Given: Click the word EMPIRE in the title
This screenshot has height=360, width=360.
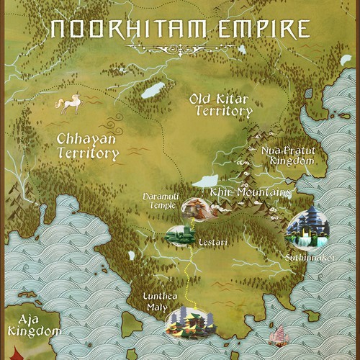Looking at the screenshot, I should [266, 29].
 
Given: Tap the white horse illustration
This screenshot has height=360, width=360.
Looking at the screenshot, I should [71, 104].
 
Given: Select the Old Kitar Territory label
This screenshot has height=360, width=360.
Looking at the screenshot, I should [221, 105].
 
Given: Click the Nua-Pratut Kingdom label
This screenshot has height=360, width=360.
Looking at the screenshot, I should [288, 156].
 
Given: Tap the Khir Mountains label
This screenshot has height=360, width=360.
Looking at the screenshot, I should [250, 193].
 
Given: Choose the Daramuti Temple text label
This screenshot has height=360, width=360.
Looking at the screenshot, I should [160, 201].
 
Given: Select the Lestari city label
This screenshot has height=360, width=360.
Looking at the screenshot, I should [213, 243].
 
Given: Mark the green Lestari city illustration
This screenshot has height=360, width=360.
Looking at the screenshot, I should [180, 234].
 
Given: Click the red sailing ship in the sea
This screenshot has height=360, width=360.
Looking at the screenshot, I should [276, 335].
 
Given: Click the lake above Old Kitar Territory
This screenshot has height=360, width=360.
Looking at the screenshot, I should [153, 90].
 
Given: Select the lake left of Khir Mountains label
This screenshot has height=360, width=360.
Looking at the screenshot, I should [204, 180].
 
